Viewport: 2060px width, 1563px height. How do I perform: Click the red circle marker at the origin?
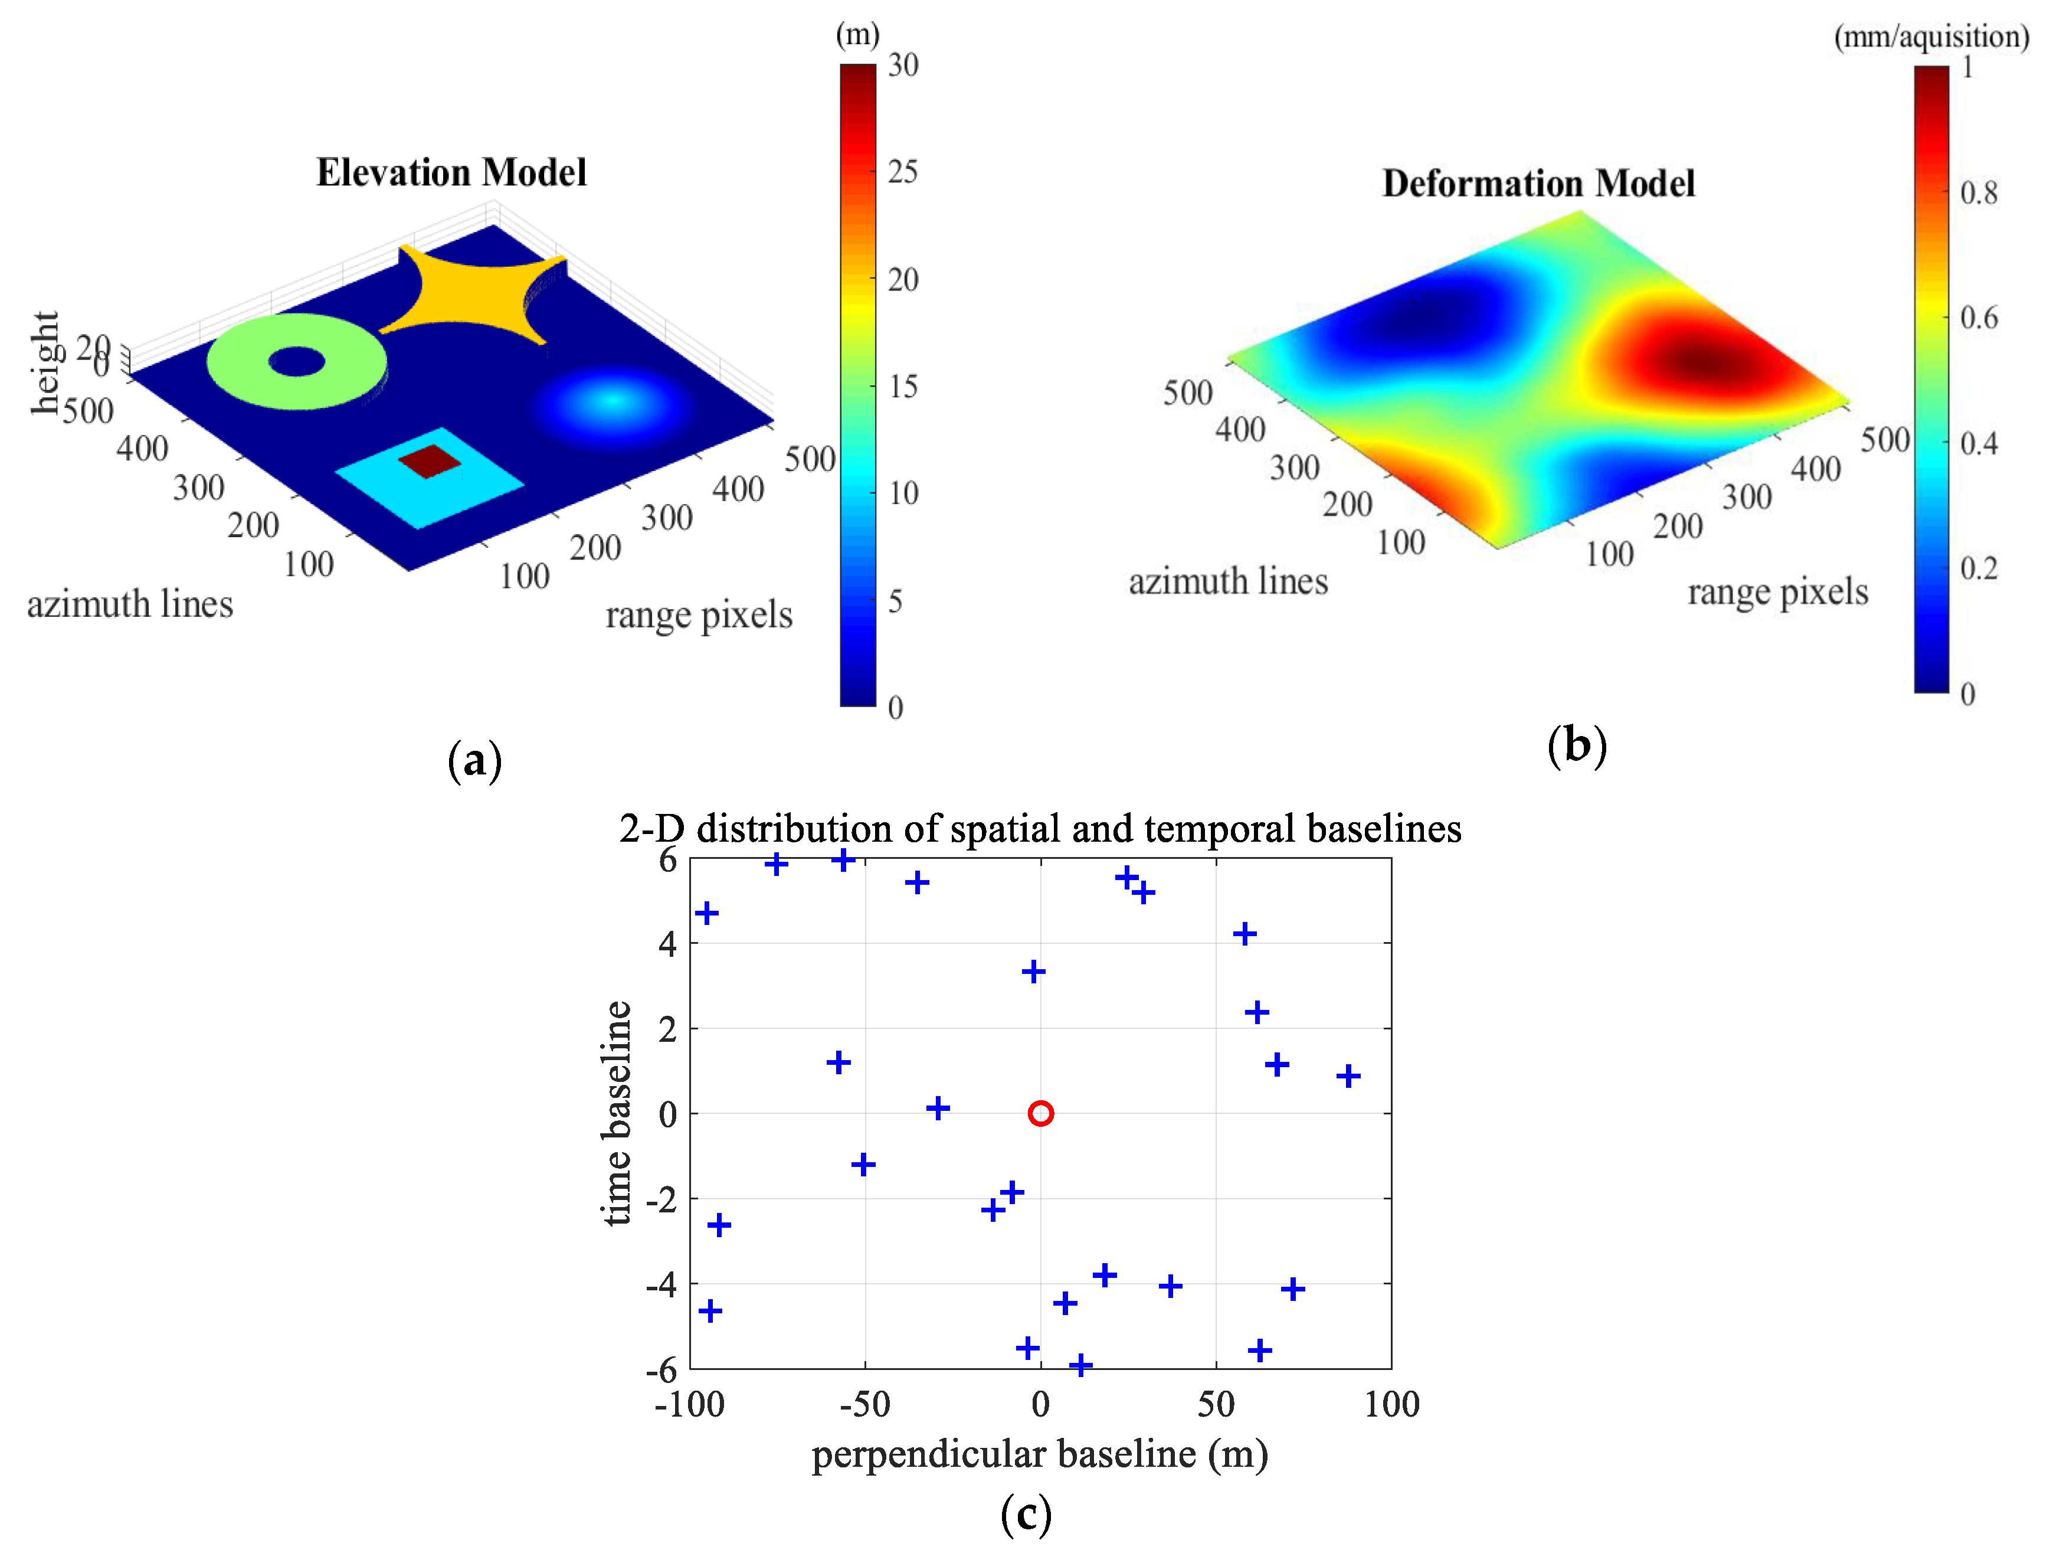pyautogui.click(x=1040, y=1113)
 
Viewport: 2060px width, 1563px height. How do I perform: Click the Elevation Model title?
pyautogui.click(x=451, y=174)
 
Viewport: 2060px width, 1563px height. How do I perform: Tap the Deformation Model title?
pyautogui.click(x=1538, y=184)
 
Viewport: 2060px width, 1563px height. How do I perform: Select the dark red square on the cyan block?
pyautogui.click(x=430, y=460)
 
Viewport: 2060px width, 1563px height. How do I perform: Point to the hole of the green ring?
pyautogui.click(x=297, y=361)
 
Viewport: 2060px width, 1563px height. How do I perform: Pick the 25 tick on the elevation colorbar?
pyautogui.click(x=902, y=171)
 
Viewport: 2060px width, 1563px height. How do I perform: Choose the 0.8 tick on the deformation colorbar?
pyautogui.click(x=1978, y=193)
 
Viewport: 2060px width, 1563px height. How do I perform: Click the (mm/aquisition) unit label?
pyautogui.click(x=1931, y=37)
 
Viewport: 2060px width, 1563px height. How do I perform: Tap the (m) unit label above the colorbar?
pyautogui.click(x=857, y=34)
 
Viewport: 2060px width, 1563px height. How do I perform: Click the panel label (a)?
pyautogui.click(x=475, y=760)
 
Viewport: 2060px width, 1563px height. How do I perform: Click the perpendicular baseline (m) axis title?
pyautogui.click(x=1039, y=1454)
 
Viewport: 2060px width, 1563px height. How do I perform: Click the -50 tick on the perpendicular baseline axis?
pyautogui.click(x=864, y=1404)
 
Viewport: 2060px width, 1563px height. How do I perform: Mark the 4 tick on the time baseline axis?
pyautogui.click(x=668, y=944)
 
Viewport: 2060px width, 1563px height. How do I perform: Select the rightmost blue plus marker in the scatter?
pyautogui.click(x=1348, y=1076)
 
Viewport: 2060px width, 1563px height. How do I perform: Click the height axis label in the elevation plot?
pyautogui.click(x=45, y=362)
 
